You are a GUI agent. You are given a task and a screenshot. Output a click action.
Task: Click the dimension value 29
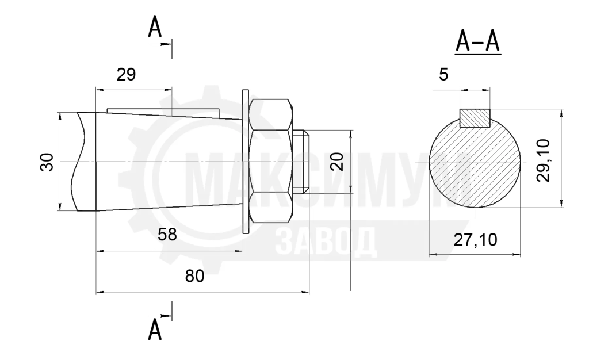pos(126,75)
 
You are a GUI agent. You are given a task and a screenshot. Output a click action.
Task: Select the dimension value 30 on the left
pos(47,162)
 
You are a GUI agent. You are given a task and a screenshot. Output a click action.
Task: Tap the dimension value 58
pos(167,235)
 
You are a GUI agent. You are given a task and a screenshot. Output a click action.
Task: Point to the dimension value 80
pos(194,276)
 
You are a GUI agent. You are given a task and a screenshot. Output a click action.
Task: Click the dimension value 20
pos(338,162)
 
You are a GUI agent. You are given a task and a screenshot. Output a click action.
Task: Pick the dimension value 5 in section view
pos(443,75)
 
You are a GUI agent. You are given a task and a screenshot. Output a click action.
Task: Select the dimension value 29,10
pos(543,160)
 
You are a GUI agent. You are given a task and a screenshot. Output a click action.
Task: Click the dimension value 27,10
pos(475,239)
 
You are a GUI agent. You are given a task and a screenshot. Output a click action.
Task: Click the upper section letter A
pos(155,28)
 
